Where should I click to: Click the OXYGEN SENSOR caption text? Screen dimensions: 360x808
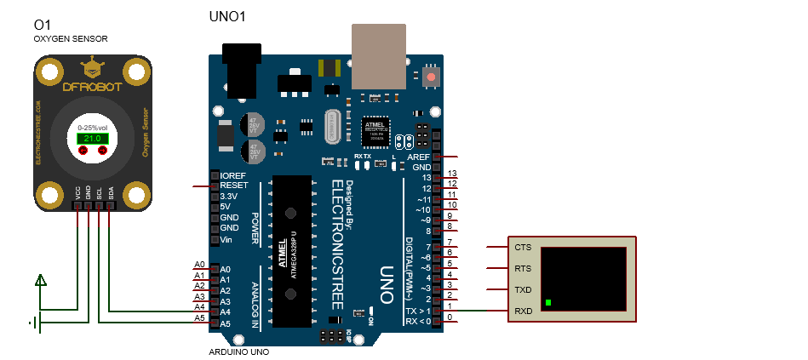pos(71,39)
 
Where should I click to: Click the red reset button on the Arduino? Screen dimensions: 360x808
pos(432,77)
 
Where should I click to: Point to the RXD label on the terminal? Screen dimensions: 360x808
pos(523,311)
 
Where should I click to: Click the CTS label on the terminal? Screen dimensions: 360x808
pos(523,248)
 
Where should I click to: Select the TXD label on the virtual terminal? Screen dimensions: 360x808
pos(523,290)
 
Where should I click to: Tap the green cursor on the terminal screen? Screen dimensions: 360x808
pos(549,303)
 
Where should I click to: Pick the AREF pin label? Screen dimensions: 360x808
pos(419,157)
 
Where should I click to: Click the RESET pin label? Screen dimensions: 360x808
pos(233,185)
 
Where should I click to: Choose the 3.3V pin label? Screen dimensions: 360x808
pos(228,196)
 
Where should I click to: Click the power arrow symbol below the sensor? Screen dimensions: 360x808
pos(40,279)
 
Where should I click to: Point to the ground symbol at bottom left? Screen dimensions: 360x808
pos(34,323)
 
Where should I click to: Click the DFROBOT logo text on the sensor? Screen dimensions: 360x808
pos(93,86)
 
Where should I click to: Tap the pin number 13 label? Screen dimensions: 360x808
pos(452,174)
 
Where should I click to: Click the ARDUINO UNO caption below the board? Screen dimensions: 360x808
pos(239,351)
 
